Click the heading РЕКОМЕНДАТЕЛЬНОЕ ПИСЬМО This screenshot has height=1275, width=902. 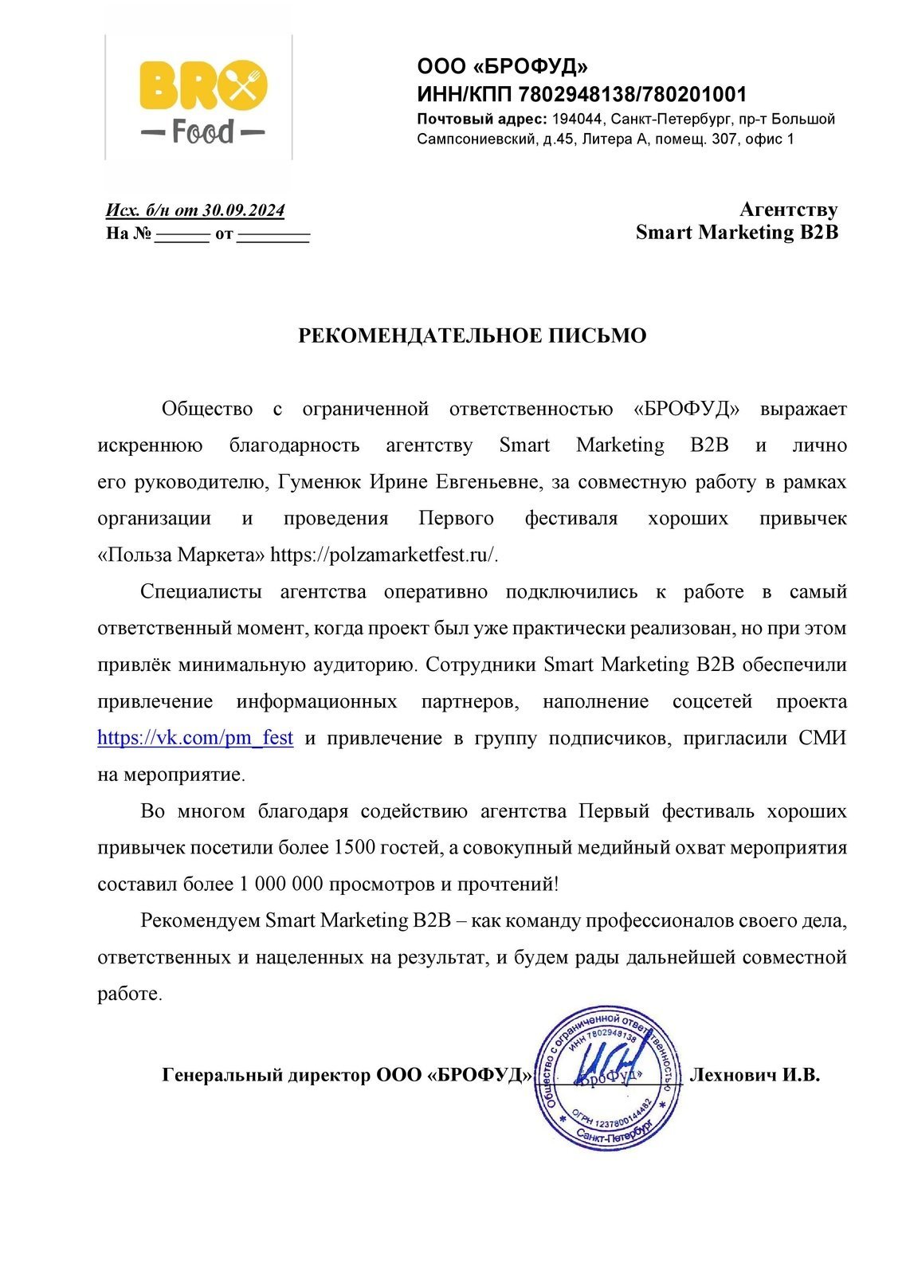coord(472,335)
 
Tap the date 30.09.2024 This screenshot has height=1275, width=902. coord(243,210)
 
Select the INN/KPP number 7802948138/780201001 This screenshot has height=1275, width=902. coord(632,95)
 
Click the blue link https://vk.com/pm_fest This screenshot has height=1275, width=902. coord(195,738)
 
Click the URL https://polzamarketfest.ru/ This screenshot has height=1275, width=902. coord(384,555)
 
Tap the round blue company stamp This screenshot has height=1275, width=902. coord(608,1077)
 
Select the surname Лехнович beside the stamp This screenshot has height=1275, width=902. coord(732,1075)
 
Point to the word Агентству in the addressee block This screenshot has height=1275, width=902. coord(788,210)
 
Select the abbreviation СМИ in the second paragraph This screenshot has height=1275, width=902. coord(822,738)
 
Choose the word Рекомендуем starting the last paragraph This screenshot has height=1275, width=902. coord(200,920)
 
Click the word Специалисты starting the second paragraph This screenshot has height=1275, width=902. coord(201,591)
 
